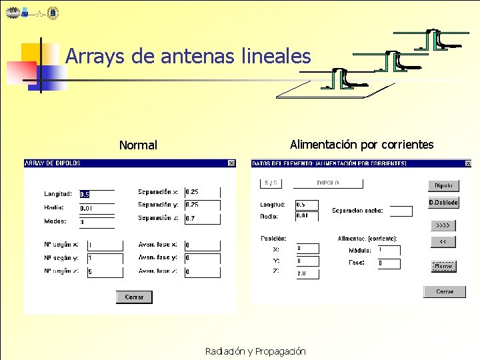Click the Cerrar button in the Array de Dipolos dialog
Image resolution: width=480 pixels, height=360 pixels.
pyautogui.click(x=134, y=297)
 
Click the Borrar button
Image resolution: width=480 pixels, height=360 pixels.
pyautogui.click(x=443, y=266)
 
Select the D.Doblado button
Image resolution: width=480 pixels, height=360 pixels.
pyautogui.click(x=443, y=203)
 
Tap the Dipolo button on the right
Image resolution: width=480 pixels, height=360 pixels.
pyautogui.click(x=443, y=186)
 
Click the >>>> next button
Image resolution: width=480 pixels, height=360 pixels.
pyautogui.click(x=443, y=225)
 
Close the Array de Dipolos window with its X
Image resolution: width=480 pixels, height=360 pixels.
pyautogui.click(x=231, y=163)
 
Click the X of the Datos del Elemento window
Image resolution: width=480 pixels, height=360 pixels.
pyautogui.click(x=468, y=163)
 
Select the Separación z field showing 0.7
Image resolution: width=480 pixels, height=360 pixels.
pyautogui.click(x=202, y=219)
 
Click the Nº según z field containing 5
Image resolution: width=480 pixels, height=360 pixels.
pyautogui.click(x=105, y=271)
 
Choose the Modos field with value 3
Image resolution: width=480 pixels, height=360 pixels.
pyautogui.click(x=97, y=221)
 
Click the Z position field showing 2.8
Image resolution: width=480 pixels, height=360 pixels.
pyautogui.click(x=307, y=273)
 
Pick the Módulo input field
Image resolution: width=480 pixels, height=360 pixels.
pyautogui.click(x=389, y=250)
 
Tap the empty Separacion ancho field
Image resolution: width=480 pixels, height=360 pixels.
pyautogui.click(x=401, y=211)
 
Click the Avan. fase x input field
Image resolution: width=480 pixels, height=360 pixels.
pyautogui.click(x=202, y=245)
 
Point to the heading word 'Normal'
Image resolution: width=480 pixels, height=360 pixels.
pyautogui.click(x=138, y=145)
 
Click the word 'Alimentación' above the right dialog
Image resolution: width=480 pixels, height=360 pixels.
pyautogui.click(x=323, y=144)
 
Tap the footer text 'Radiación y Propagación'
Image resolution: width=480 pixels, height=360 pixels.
pyautogui.click(x=255, y=351)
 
